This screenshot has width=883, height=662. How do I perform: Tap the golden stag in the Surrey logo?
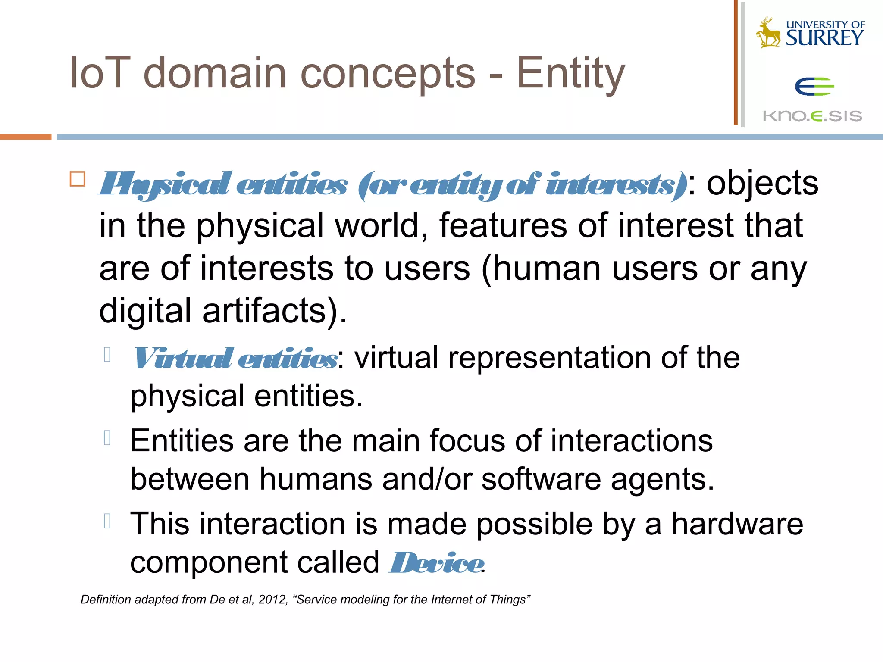coord(768,33)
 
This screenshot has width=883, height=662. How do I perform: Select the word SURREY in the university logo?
coord(824,38)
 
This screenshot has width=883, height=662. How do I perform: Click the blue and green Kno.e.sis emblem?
coord(814,87)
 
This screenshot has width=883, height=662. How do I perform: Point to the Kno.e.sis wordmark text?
coord(812,116)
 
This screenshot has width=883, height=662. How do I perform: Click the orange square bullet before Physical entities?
coord(78,179)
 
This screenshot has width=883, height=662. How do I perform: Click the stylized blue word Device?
coord(436,563)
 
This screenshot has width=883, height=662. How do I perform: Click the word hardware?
coord(737,524)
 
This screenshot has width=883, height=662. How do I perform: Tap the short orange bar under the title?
coord(25,137)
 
